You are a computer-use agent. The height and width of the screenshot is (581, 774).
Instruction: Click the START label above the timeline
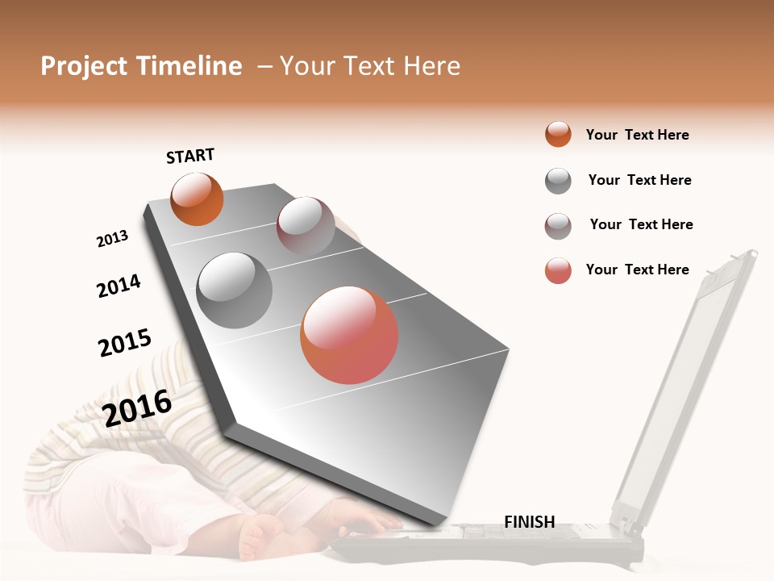(190, 156)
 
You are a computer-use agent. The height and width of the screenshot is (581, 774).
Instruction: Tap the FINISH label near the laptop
(529, 522)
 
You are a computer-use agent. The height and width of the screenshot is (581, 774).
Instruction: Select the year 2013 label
(112, 239)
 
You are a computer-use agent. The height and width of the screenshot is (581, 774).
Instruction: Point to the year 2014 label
(119, 286)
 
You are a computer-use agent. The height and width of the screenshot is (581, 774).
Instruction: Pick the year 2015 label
(124, 343)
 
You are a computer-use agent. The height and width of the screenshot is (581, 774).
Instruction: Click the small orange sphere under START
(197, 199)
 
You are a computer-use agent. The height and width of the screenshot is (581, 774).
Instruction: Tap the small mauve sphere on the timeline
(306, 224)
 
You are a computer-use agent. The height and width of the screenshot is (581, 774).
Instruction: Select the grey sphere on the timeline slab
(235, 290)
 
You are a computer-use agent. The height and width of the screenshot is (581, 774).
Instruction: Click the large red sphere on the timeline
(349, 335)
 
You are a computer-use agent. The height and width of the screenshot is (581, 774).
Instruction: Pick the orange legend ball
(558, 134)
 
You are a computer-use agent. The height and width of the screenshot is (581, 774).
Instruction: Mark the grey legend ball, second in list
(558, 181)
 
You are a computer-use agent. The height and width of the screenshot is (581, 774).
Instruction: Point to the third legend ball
(558, 226)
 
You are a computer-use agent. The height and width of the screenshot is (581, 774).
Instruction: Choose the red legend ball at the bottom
(558, 270)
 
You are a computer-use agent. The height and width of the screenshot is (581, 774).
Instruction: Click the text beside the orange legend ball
(637, 135)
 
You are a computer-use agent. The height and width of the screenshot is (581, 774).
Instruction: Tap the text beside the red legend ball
(637, 270)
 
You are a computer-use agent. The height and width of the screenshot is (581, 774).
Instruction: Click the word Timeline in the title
(189, 66)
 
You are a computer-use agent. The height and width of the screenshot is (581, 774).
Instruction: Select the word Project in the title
(85, 66)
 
